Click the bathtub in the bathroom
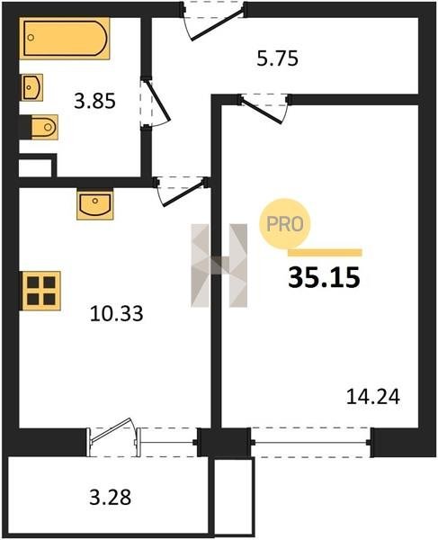pos(65,38)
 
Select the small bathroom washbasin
pos(32,87)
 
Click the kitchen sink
pos(95,204)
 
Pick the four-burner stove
pos(41,291)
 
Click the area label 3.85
pos(94,102)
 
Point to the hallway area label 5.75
pos(277,58)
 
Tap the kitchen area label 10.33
pos(116,314)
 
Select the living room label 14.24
pos(373,396)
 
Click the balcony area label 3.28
pos(110,498)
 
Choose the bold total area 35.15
pos(324,277)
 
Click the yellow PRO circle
pos(285,224)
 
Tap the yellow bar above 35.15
pos(325,253)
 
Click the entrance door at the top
pos(213,20)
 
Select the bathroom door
pos(155,103)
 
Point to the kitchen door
pos(182,191)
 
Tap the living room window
pos(310,442)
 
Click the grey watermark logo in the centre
pos(219,265)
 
